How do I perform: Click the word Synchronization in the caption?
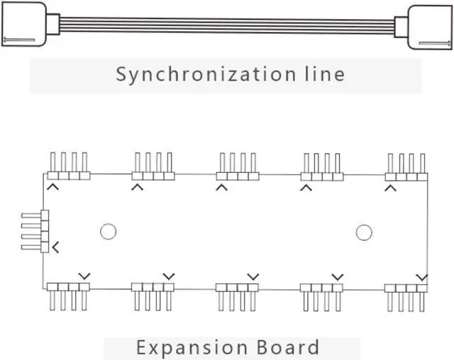199,74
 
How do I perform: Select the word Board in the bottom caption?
287,348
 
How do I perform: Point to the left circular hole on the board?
108,232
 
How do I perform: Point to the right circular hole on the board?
363,232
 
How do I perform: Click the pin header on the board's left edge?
40,231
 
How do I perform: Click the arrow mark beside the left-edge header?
55,247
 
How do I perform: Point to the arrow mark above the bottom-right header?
422,276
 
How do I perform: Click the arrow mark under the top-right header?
390,187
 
